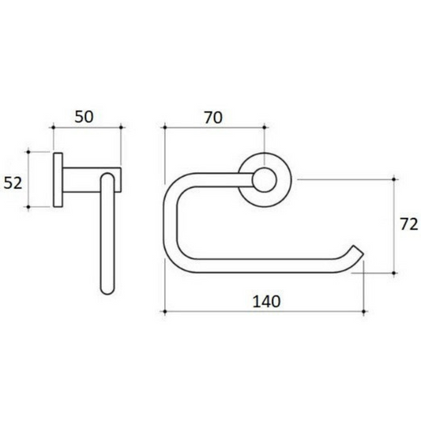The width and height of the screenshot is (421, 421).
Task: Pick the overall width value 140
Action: tap(265, 300)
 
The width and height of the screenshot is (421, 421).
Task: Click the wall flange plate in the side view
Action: tap(58, 179)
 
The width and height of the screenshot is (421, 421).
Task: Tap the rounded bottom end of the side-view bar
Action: tap(107, 288)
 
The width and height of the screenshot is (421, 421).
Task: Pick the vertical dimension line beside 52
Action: tap(28, 179)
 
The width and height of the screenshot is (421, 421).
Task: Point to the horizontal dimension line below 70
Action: tap(213, 127)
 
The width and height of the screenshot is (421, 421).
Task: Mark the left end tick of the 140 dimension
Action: tap(163, 312)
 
